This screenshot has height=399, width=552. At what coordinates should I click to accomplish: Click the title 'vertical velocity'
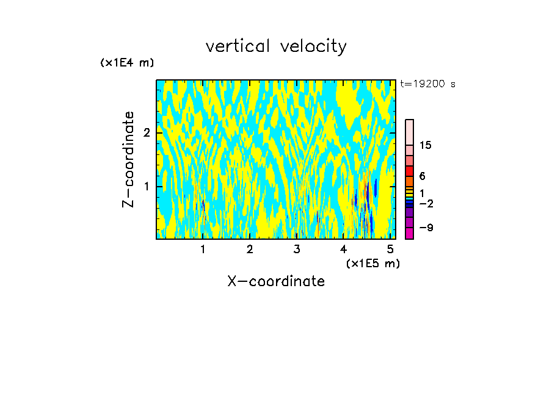276,46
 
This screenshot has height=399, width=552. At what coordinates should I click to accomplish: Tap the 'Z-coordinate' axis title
128,159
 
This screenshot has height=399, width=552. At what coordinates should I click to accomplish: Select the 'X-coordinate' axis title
276,281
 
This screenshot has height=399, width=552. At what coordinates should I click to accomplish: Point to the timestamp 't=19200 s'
427,84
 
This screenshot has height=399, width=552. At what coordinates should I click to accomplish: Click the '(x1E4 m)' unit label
127,63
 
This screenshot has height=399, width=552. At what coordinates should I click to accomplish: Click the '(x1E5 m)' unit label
372,263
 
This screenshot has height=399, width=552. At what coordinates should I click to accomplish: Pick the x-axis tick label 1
203,249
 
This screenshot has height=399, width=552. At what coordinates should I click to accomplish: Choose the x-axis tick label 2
250,249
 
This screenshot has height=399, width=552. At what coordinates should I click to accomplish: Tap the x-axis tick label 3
296,249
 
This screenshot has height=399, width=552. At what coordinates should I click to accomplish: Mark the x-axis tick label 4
343,249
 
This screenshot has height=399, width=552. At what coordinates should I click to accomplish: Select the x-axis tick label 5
390,249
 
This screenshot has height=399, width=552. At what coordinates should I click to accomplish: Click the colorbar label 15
426,145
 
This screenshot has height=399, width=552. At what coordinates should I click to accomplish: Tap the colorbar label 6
422,176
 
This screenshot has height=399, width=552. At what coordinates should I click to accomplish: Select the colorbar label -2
426,203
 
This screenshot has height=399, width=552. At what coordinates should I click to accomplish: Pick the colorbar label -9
426,228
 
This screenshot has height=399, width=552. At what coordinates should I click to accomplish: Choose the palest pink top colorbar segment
409,132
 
